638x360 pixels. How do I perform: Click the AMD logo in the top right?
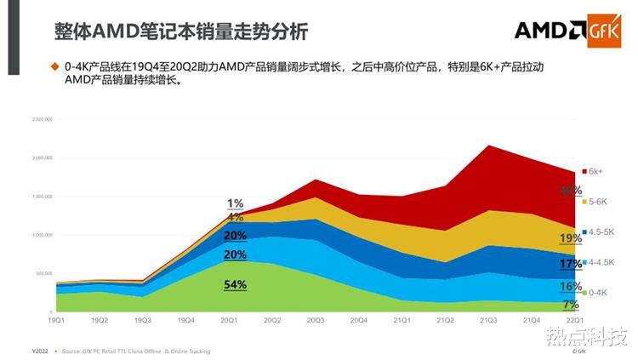coord(548,31)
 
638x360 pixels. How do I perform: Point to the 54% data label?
coord(236,284)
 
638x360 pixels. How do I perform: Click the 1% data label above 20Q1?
coord(236,203)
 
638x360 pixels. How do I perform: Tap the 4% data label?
coord(236,217)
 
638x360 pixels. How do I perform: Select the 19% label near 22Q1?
coord(571,238)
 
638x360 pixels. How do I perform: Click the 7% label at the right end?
coord(571,304)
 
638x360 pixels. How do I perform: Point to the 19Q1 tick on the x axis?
coord(56,320)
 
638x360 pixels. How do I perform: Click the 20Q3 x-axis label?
coord(316,320)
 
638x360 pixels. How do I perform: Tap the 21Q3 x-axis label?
coord(488,320)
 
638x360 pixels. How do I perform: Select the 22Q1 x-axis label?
coord(574,320)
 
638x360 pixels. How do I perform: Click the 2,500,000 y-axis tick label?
coord(42,120)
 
